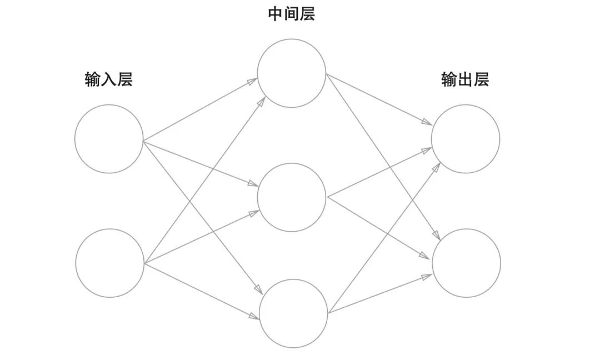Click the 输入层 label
tap(109, 80)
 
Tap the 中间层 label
tap(292, 14)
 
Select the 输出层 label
tap(465, 80)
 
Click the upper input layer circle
tap(109, 138)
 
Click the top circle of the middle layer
tap(292, 73)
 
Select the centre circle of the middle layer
tap(292, 197)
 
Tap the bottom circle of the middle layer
tap(293, 314)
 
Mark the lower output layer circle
tap(466, 262)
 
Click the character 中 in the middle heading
tap(276, 14)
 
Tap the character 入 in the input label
tap(109, 80)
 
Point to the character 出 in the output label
tap(465, 80)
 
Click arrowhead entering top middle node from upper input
tap(253, 81)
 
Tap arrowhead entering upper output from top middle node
tap(428, 124)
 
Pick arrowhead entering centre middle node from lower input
tap(254, 213)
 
